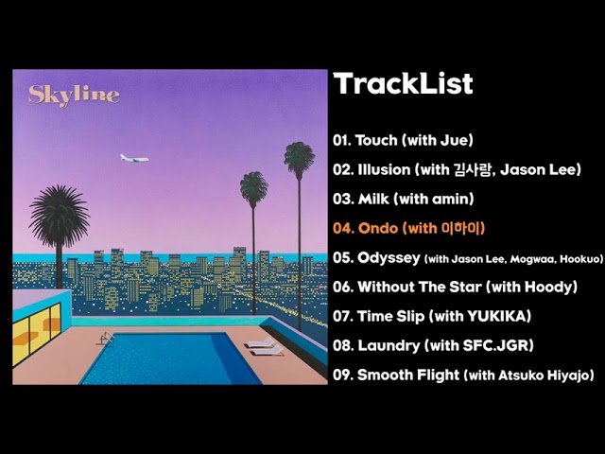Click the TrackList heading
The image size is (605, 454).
403,84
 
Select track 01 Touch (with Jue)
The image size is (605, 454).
403,141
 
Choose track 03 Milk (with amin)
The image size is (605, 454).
403,200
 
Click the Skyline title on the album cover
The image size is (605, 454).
74,95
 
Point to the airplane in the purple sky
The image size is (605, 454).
135,158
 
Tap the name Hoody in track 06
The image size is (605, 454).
546,287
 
